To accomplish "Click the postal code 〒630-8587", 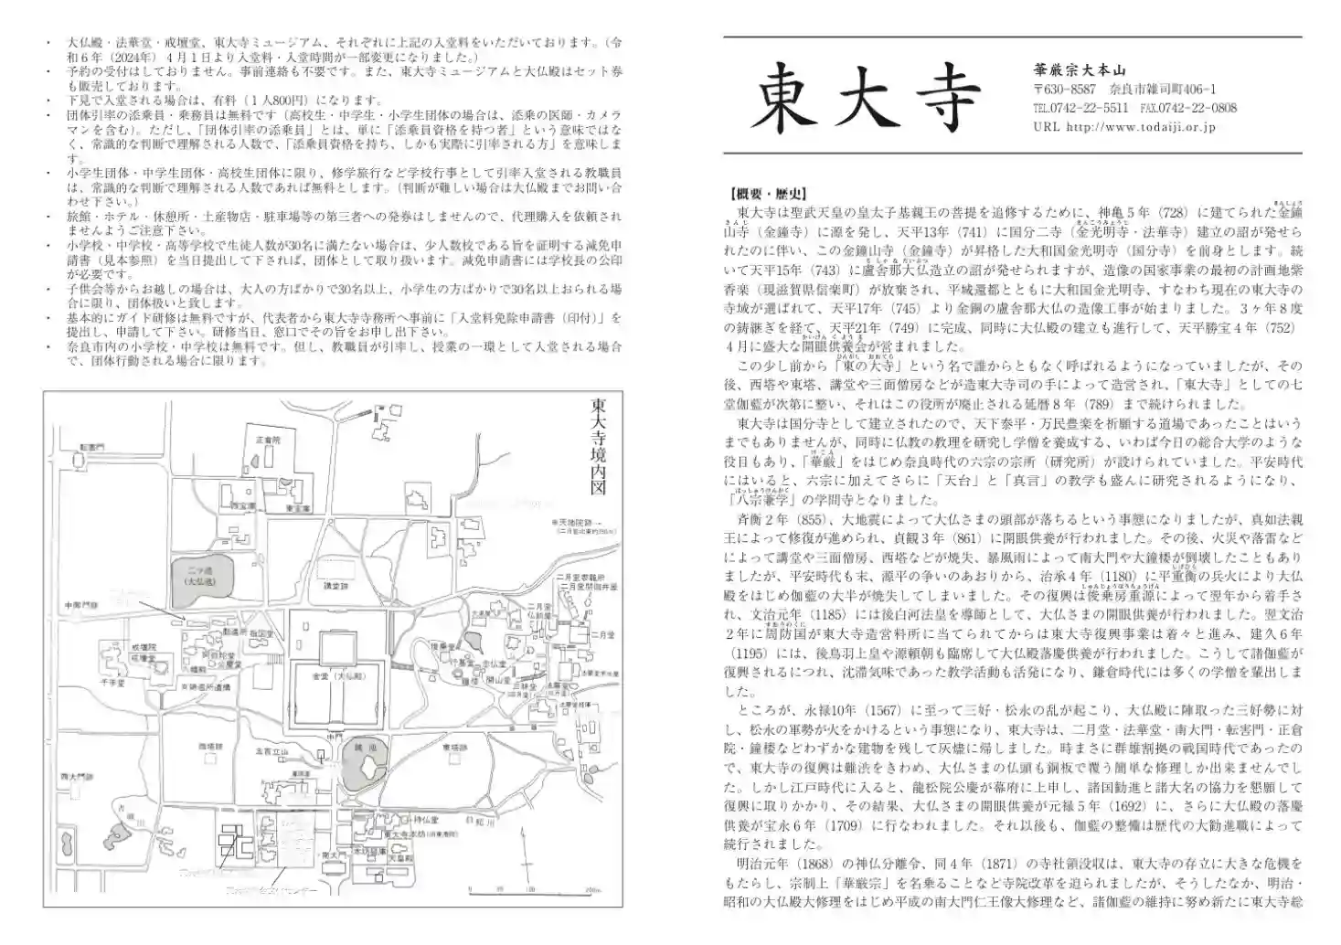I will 1064,90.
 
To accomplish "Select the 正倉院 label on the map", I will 266,440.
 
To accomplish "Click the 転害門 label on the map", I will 91,446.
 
